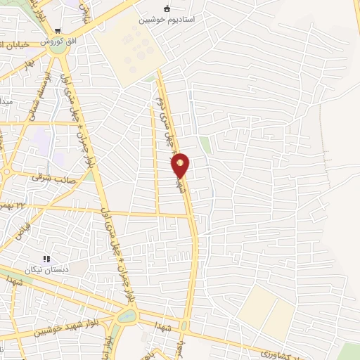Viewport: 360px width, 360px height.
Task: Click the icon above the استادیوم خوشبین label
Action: click(x=167, y=8)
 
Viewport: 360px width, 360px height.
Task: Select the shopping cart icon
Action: click(x=57, y=31)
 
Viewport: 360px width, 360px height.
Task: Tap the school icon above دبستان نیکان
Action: click(x=48, y=259)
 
